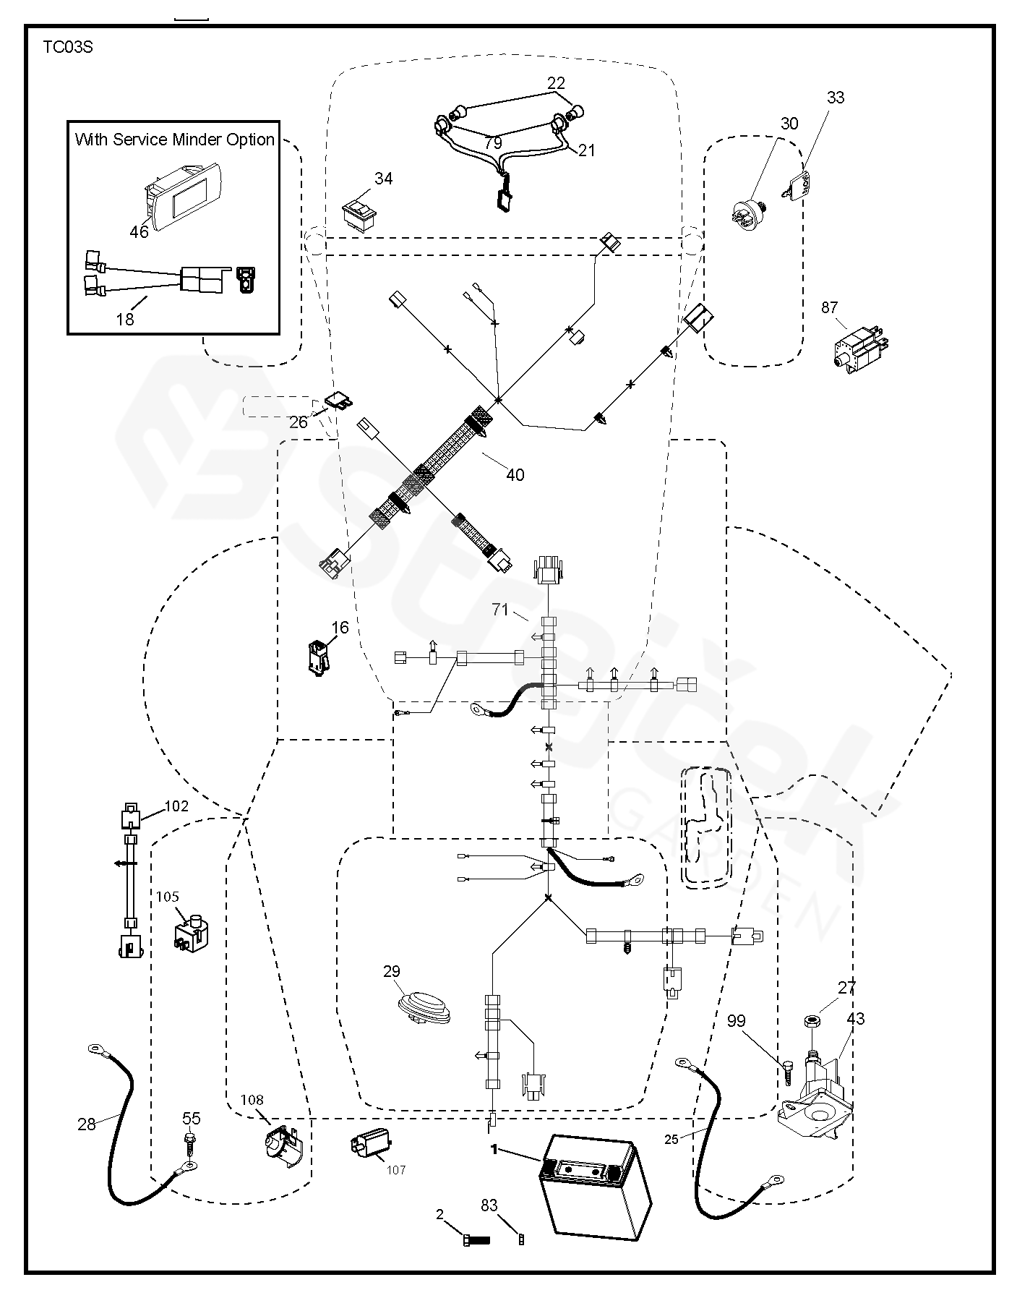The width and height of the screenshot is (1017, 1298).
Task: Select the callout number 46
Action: click(x=138, y=231)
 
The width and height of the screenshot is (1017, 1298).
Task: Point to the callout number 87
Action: click(x=829, y=307)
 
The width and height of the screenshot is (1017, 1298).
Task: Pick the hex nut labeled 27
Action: click(x=810, y=1021)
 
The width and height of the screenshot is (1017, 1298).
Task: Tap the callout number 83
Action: click(x=489, y=1205)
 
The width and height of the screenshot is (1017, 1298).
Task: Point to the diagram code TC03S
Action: click(x=68, y=48)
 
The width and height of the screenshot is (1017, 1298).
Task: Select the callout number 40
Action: click(x=515, y=474)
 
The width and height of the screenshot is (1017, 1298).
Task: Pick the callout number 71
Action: click(x=501, y=610)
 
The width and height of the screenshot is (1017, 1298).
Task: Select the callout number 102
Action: click(x=176, y=806)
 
